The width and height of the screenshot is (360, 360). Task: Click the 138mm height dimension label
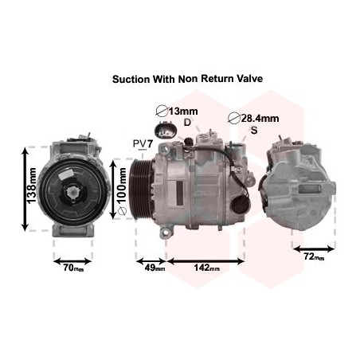tap(32, 186)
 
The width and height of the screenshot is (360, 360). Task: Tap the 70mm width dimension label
tap(73, 268)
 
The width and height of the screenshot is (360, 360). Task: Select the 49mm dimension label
tap(155, 268)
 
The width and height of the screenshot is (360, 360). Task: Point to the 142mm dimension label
tap(206, 268)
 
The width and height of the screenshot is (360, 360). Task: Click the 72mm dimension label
tap(314, 256)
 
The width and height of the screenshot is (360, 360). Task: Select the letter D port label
tap(187, 122)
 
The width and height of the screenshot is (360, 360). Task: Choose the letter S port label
tap(254, 130)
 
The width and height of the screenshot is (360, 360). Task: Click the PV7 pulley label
tap(143, 144)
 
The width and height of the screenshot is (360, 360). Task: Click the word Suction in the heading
tap(131, 79)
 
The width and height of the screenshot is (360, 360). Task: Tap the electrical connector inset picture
tap(165, 130)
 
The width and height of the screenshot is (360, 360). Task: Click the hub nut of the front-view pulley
tap(72, 192)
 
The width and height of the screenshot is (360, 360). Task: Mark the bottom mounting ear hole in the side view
tap(166, 233)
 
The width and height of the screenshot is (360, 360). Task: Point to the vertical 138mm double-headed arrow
tap(25, 189)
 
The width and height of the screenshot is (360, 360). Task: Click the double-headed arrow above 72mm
tap(314, 249)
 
